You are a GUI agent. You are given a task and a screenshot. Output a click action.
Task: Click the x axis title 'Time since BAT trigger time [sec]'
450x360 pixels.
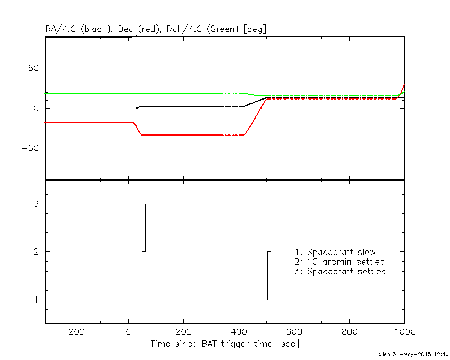pyautogui.click(x=224, y=344)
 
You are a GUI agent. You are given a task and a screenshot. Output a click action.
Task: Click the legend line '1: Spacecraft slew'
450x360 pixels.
pyautogui.click(x=335, y=252)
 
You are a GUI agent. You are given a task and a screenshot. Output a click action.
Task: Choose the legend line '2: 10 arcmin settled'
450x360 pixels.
pyautogui.click(x=339, y=262)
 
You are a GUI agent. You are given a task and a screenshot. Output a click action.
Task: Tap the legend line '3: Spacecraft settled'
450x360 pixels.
pyautogui.click(x=340, y=271)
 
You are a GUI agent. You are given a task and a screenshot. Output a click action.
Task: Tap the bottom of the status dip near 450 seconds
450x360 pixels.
pyautogui.click(x=254, y=300)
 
